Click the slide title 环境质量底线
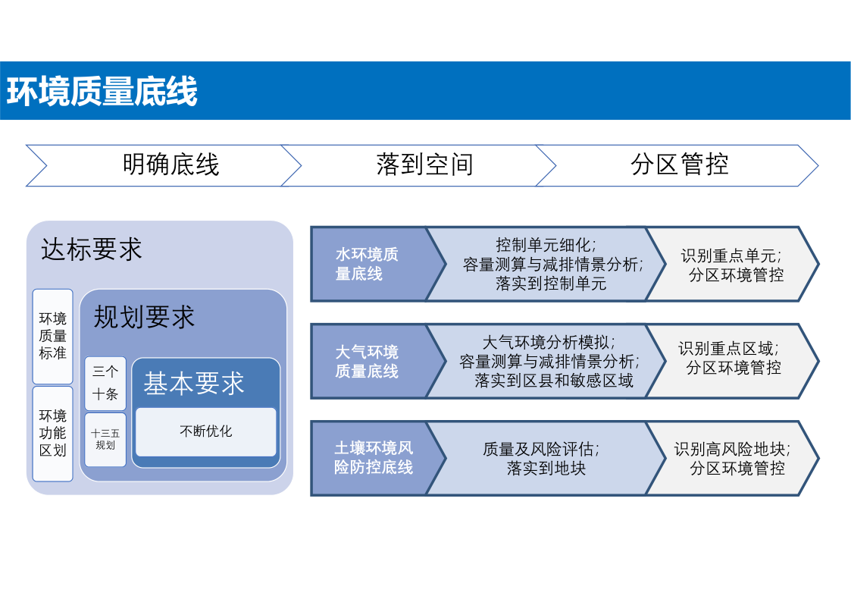(x=102, y=91)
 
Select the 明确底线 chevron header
(x=163, y=165)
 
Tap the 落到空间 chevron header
(x=418, y=165)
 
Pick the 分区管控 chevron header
(x=677, y=165)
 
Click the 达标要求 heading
(x=91, y=249)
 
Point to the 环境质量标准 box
(x=52, y=336)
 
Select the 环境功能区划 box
(x=52, y=433)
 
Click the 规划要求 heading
(x=144, y=317)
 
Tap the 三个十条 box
(x=105, y=383)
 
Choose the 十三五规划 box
(x=105, y=439)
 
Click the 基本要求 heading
(x=194, y=383)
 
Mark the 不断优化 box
(x=205, y=431)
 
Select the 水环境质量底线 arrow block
(x=378, y=264)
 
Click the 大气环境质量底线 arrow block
(x=378, y=361)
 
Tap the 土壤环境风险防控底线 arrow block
(x=378, y=458)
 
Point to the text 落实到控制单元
(x=551, y=284)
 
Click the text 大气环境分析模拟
(x=547, y=343)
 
